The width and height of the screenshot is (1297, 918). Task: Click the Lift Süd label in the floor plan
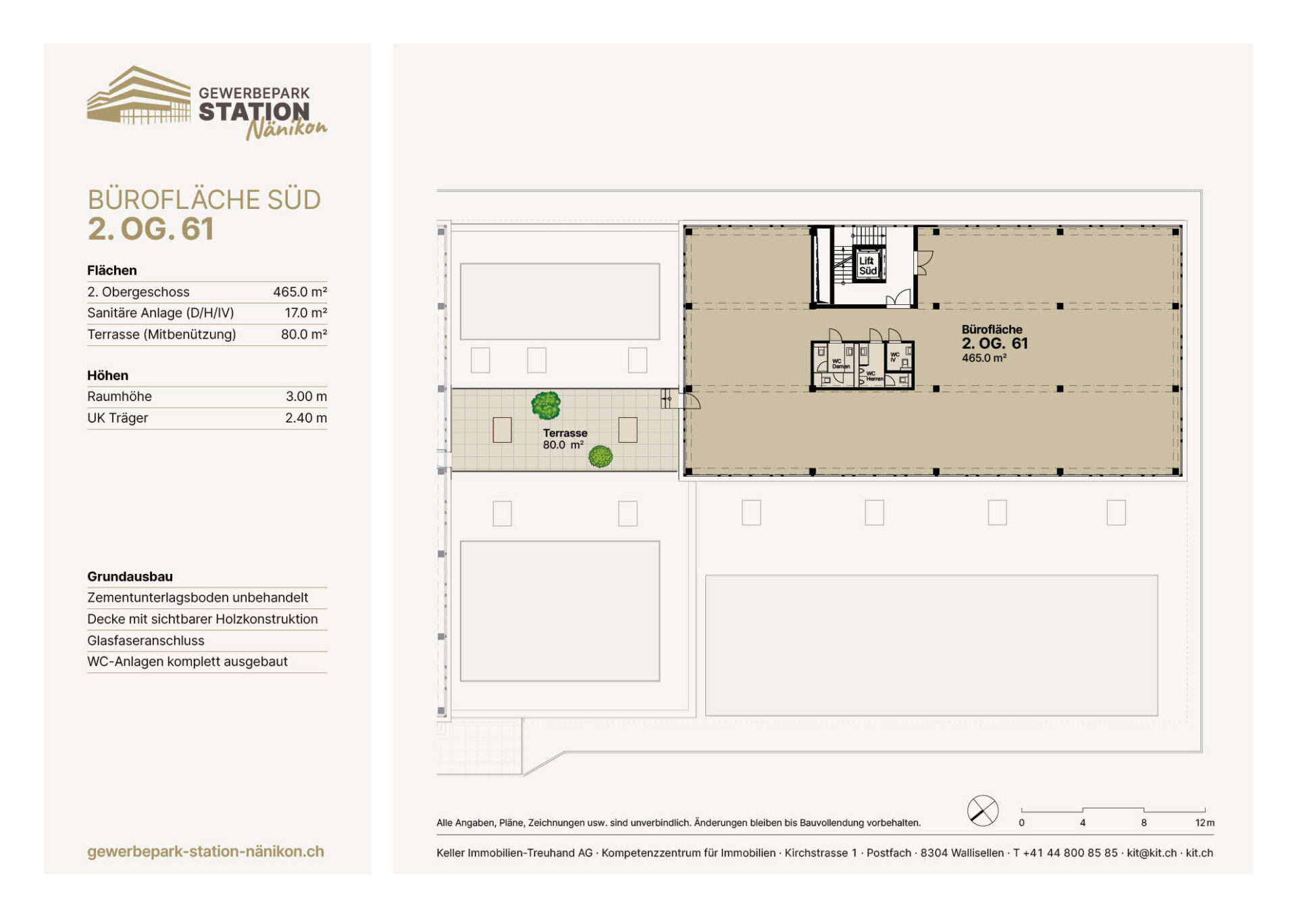867,266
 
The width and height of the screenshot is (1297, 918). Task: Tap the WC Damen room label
840,364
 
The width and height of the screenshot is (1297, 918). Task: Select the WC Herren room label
874,376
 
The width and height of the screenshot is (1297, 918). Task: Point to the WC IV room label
894,356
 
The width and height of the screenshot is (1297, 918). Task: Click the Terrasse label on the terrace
565,433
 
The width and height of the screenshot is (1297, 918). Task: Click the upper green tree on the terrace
546,405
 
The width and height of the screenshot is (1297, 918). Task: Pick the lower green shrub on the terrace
601,456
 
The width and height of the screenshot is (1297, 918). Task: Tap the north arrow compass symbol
983,811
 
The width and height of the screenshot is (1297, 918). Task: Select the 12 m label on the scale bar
1204,823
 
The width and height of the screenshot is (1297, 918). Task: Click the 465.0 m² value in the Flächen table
300,291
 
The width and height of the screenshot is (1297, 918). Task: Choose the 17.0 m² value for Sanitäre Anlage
306,312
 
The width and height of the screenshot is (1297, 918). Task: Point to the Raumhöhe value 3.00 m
306,396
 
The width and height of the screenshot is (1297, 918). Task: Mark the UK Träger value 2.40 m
306,418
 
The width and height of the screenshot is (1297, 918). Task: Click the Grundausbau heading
130,577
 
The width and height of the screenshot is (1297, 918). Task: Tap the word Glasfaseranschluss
146,640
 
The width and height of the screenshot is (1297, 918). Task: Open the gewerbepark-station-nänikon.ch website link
205,852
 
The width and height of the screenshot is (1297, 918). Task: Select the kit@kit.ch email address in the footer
1152,853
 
